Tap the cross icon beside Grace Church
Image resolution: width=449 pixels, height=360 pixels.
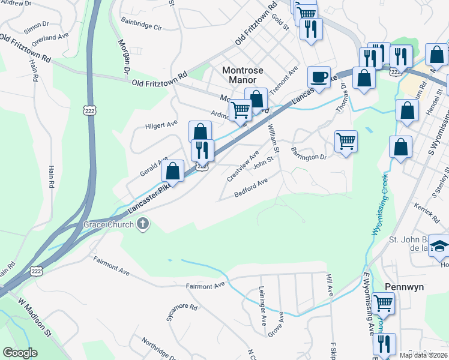pos(143,225)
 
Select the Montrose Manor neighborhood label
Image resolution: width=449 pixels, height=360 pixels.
pos(243,75)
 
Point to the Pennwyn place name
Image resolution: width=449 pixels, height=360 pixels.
pos(404,287)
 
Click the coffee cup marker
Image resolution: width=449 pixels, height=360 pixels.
pos(319,76)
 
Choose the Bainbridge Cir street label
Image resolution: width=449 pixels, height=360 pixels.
pos(141,27)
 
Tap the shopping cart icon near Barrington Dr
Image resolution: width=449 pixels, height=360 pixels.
pos(346,142)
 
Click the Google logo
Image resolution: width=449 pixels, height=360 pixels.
pos(20,353)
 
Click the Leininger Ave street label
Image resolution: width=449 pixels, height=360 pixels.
pos(262,310)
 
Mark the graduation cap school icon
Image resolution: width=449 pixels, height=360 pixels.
pos(439,245)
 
